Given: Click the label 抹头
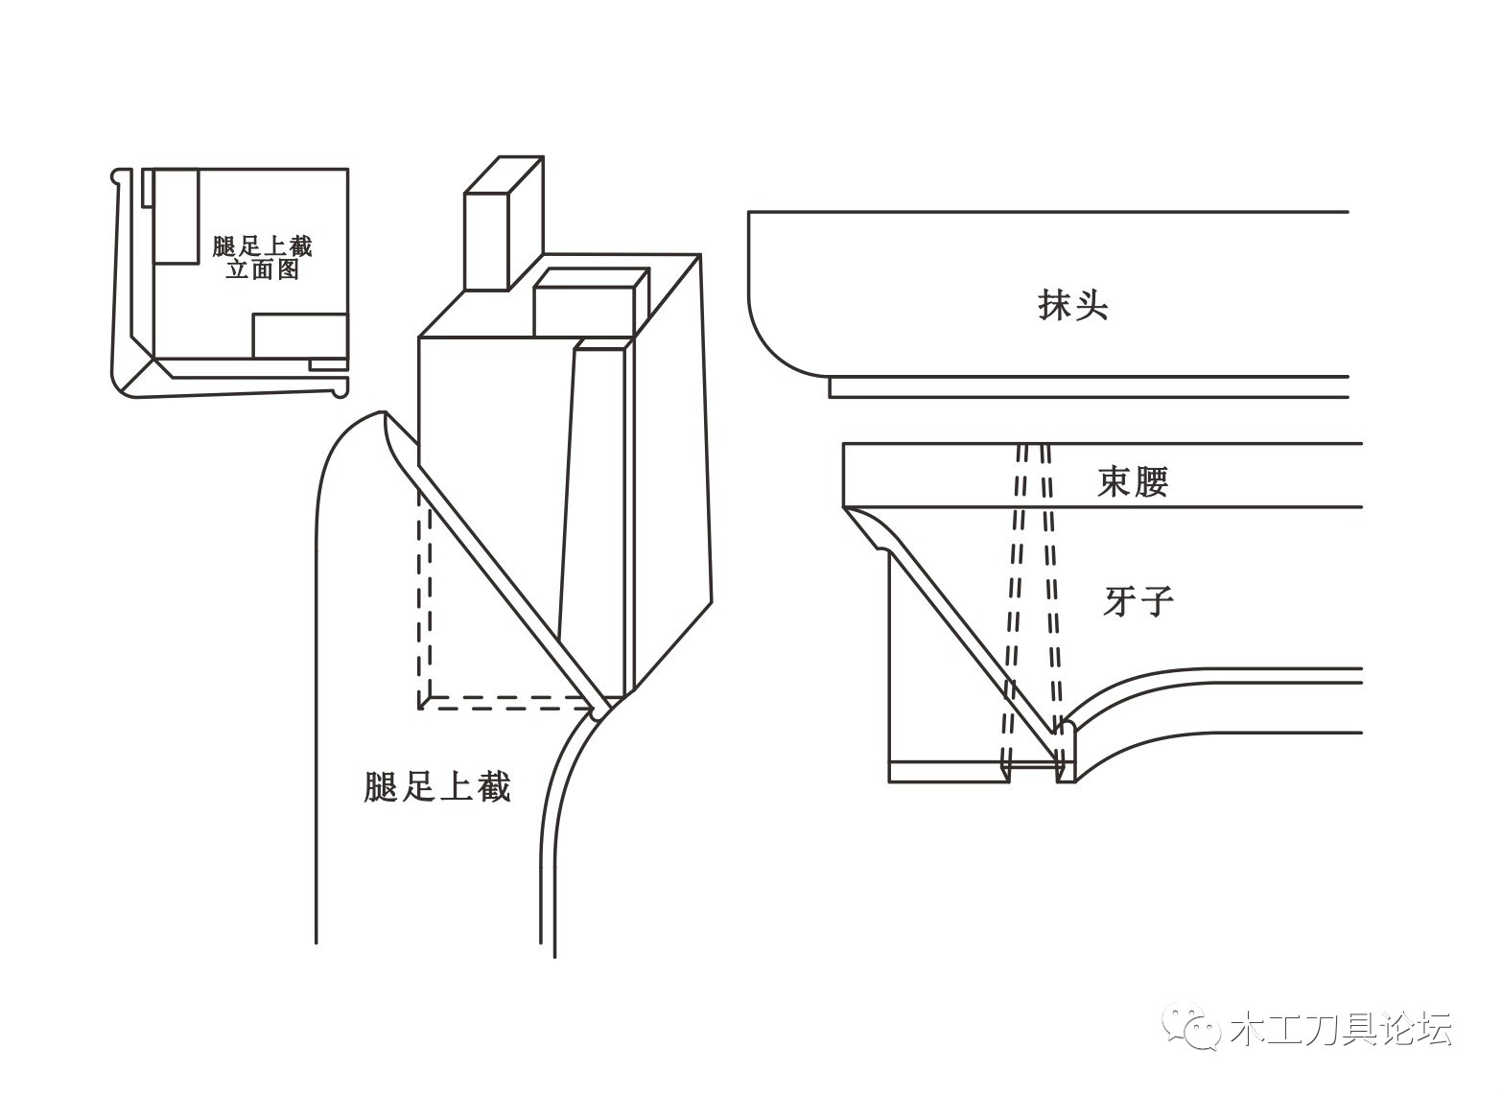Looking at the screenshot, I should (x=1073, y=305).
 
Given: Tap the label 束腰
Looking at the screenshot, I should (x=1133, y=480).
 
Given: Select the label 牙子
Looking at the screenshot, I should (x=1138, y=601).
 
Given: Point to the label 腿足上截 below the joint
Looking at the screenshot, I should (x=437, y=786).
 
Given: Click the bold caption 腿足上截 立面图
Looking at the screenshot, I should (x=262, y=257).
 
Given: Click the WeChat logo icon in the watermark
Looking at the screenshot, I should (x=1192, y=1027).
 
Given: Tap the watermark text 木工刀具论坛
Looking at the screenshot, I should (x=1340, y=1029).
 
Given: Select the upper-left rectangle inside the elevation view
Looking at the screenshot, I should (x=176, y=217).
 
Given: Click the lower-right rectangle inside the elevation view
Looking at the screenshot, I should (x=299, y=336).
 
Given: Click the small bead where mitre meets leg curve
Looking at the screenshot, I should (x=601, y=712).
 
